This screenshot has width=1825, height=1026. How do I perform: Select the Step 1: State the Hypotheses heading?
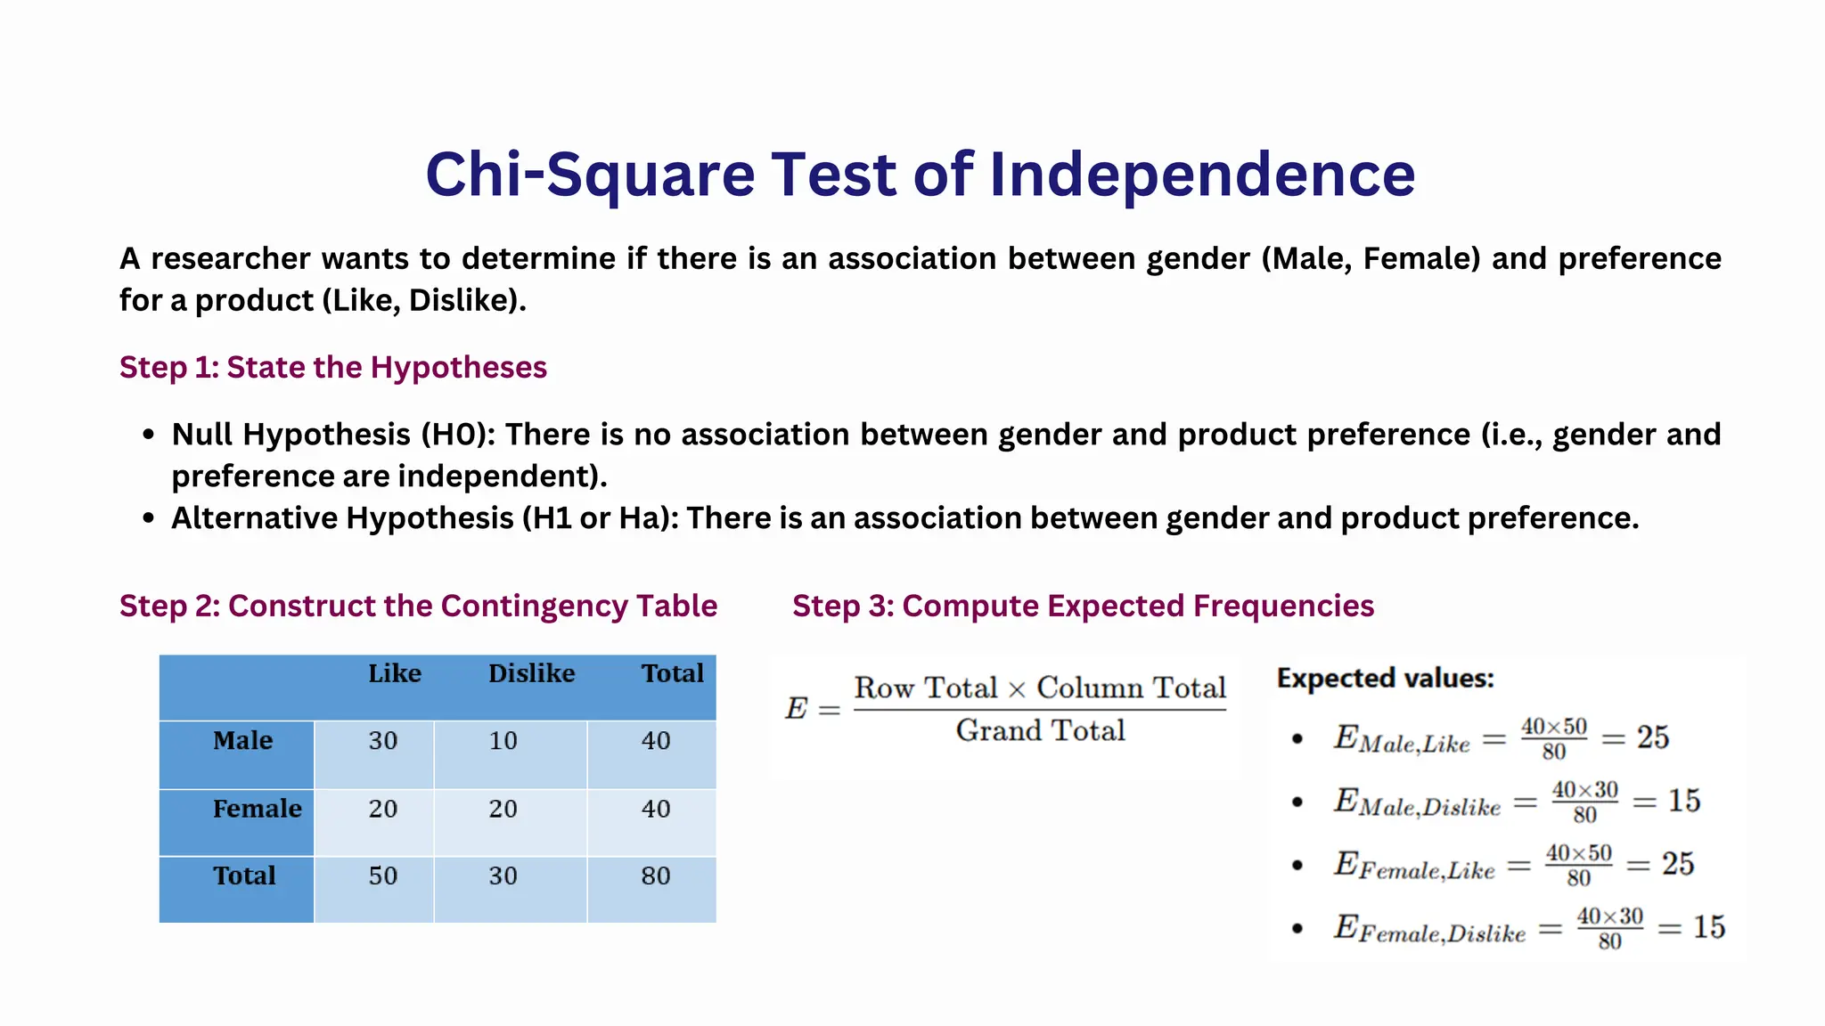pos(333,367)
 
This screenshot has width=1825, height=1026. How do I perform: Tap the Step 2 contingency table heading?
pos(418,606)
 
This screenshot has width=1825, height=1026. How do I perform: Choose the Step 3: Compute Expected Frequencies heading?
pos(1083,606)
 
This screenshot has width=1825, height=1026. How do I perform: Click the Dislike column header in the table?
pos(531,673)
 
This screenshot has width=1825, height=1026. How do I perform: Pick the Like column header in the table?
pos(394,673)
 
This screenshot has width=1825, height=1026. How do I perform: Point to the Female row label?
pos(257,809)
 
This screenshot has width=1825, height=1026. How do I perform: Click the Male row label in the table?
pos(242,740)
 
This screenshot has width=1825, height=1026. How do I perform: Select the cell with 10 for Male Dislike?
pos(503,741)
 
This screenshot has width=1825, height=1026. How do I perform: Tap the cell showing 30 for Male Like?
pos(382,741)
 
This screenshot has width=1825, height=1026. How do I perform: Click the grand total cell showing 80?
pos(655,876)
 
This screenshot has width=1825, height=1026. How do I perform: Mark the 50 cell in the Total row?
pos(382,876)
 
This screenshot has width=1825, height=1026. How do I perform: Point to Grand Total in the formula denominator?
pos(1040,731)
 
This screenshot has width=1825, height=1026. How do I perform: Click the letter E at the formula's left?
pos(796,709)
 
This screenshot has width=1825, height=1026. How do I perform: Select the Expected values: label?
pos(1385,679)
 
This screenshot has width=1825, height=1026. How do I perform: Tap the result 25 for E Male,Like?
pos(1652,737)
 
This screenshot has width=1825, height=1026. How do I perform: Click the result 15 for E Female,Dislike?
pos(1708,927)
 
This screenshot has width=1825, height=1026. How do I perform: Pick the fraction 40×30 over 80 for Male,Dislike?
pos(1584,802)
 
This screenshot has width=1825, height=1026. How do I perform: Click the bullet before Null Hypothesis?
pos(149,435)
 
